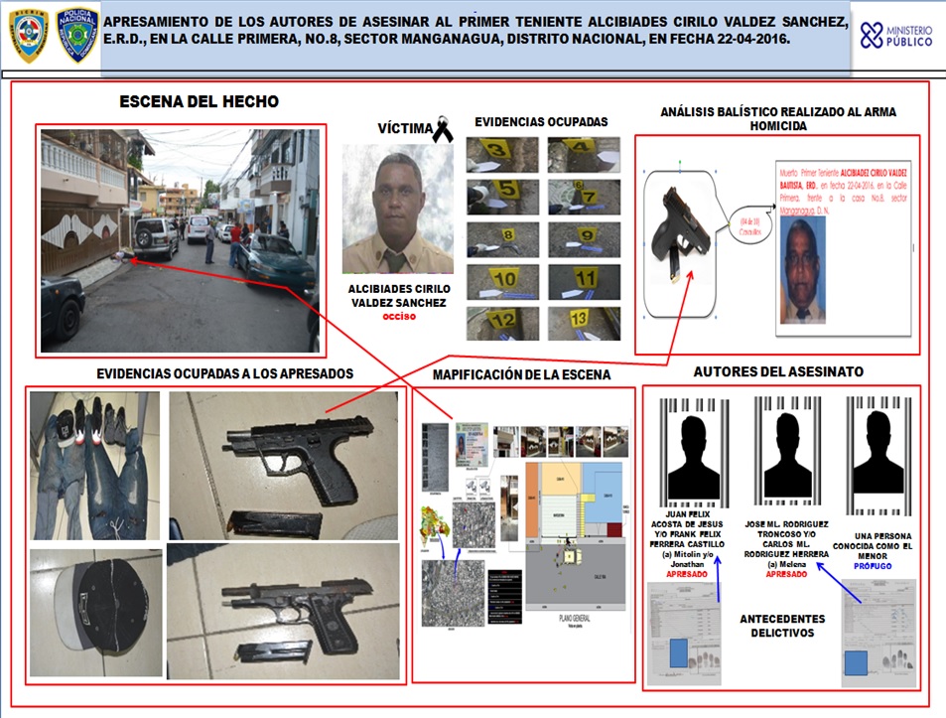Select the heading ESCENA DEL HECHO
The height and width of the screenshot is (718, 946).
(199, 101)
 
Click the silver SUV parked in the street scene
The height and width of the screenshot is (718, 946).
(156, 237)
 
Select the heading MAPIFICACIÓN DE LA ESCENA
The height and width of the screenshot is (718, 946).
(521, 375)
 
